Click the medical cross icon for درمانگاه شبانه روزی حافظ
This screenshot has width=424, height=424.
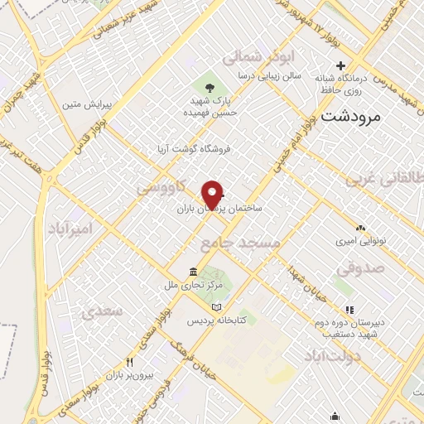pos(340,66)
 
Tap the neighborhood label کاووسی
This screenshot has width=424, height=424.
pos(157,190)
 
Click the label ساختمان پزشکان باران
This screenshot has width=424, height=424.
pos(219,210)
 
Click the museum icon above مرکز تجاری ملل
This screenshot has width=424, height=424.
pos(193,272)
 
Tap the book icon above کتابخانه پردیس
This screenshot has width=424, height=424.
pos(217,307)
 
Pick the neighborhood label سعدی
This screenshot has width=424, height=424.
pos(102,311)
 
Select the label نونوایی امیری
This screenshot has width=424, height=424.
pos(359,243)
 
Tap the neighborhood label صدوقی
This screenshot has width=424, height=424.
pos(361,268)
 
